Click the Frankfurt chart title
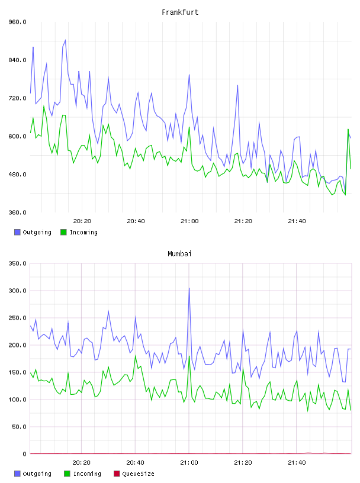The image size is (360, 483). (180, 12)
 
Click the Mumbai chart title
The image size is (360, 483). (179, 254)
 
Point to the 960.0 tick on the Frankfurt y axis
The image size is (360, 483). (18, 22)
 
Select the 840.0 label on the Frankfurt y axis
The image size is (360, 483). (18, 60)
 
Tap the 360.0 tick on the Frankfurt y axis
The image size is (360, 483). (18, 212)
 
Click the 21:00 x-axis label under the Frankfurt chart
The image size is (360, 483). (189, 221)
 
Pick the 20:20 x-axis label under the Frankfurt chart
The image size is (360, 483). (82, 221)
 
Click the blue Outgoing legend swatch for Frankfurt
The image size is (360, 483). (17, 232)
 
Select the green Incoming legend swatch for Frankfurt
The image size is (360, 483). (63, 232)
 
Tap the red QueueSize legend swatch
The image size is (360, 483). (117, 474)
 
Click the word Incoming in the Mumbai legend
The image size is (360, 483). (87, 474)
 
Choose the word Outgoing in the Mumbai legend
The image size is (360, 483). (37, 474)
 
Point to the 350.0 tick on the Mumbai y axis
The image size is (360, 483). (18, 263)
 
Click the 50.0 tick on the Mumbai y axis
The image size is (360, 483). (19, 427)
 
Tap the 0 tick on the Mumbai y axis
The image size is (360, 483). (25, 454)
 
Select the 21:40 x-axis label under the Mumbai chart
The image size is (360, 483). (297, 463)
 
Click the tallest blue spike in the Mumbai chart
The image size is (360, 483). (189, 288)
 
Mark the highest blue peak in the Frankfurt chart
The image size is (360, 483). (65, 40)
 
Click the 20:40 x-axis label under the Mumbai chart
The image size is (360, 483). (136, 463)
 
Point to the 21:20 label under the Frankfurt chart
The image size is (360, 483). (243, 221)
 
